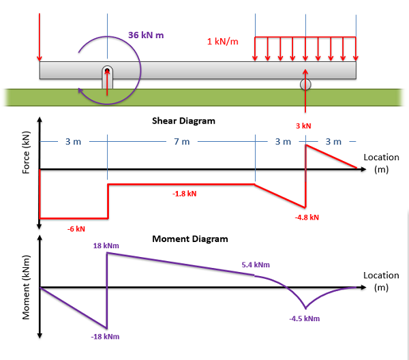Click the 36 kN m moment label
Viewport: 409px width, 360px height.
pyautogui.click(x=146, y=35)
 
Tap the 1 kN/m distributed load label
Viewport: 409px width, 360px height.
pyautogui.click(x=223, y=42)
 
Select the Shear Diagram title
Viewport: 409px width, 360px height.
pyautogui.click(x=183, y=121)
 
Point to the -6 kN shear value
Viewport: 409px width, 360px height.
pyautogui.click(x=76, y=228)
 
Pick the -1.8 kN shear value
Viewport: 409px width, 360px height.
pyautogui.click(x=184, y=194)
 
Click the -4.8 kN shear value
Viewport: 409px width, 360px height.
pyautogui.click(x=307, y=217)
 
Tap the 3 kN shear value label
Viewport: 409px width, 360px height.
pyautogui.click(x=303, y=126)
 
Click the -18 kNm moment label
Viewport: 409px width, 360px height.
pyautogui.click(x=105, y=336)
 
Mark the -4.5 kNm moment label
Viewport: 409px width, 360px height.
pyautogui.click(x=304, y=318)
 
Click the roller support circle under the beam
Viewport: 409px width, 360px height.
pyautogui.click(x=305, y=85)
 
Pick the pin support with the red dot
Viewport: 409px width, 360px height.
pyautogui.click(x=107, y=76)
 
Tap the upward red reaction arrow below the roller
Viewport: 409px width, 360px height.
pyautogui.click(x=305, y=92)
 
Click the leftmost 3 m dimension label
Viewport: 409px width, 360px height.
pyautogui.click(x=73, y=142)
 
